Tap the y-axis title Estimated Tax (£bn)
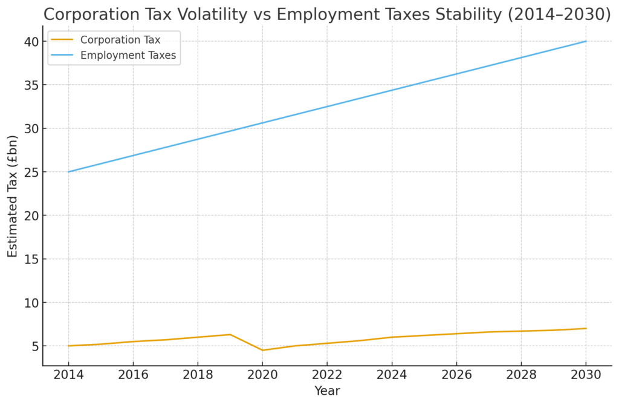pos(13,196)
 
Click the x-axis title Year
pos(327,391)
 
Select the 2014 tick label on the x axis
pos(68,375)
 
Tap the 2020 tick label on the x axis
pos(262,375)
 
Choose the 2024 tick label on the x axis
pos(392,375)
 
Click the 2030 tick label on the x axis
pos(586,375)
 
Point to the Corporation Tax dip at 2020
pos(262,350)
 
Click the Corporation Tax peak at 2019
pos(230,334)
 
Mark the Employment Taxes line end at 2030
pos(586,41)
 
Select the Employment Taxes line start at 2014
pos(68,172)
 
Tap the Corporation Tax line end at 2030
pos(586,328)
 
